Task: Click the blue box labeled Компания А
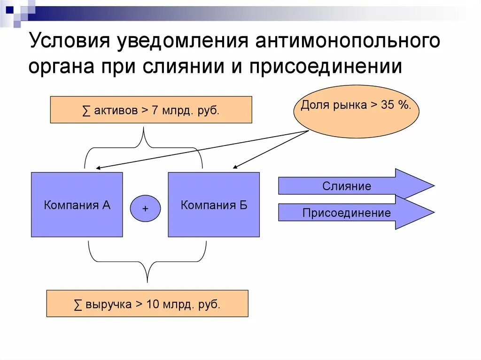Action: (x=77, y=205)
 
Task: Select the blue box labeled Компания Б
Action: (x=214, y=205)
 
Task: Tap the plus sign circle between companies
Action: (x=145, y=208)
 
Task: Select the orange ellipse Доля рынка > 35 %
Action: (x=356, y=111)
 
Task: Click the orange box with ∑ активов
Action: (x=151, y=110)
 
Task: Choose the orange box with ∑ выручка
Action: (x=147, y=304)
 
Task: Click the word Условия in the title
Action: (x=69, y=41)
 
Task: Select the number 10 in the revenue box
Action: (x=153, y=304)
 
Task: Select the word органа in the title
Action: (x=61, y=66)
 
